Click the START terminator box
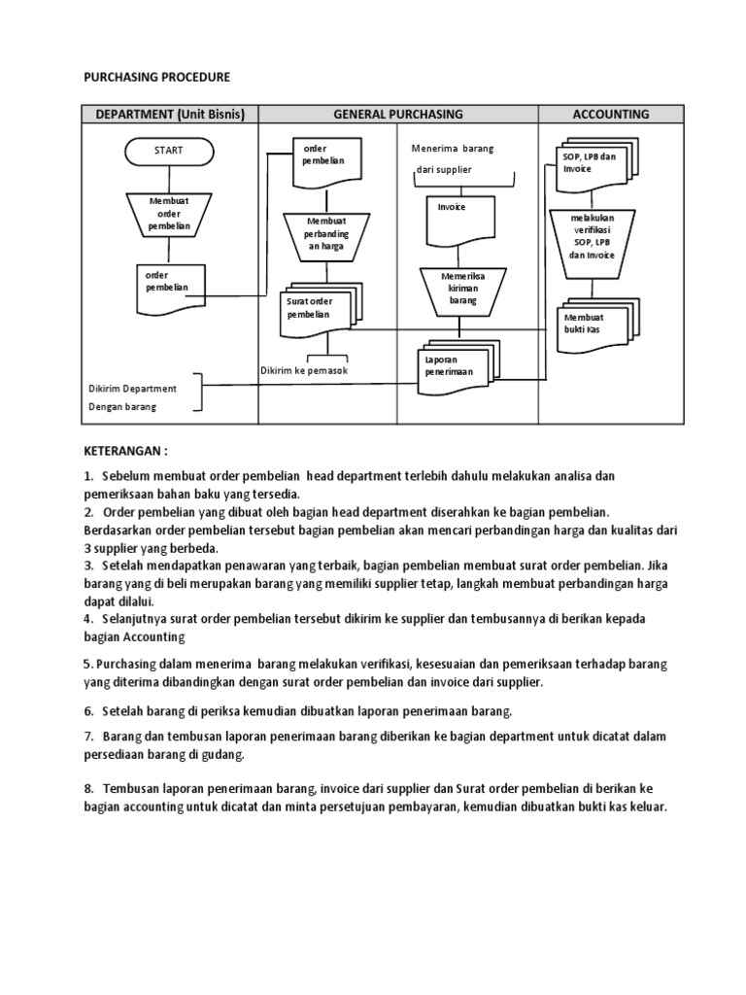[168, 151]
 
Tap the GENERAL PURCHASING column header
[398, 114]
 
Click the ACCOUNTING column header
[611, 114]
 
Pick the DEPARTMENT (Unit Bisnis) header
[169, 114]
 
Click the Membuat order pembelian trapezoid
[170, 214]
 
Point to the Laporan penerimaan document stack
[458, 367]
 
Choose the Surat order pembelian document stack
[317, 309]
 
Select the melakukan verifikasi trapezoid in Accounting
[593, 236]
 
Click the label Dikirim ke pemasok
[304, 371]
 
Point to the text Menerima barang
[453, 149]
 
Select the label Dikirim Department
[133, 389]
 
